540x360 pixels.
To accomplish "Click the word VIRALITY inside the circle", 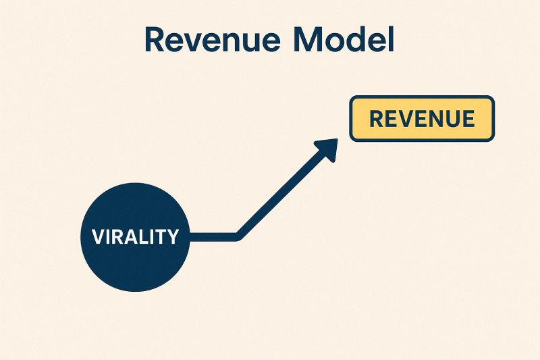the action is click(135, 237).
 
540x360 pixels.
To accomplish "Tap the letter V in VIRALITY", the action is click(98, 237).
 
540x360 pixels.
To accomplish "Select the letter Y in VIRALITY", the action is click(173, 237).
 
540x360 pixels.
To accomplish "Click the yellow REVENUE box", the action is click(422, 119).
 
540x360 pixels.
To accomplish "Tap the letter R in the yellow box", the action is click(377, 120).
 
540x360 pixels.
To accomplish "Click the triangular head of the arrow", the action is click(327, 149).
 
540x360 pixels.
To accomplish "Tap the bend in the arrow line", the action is click(238, 236).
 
